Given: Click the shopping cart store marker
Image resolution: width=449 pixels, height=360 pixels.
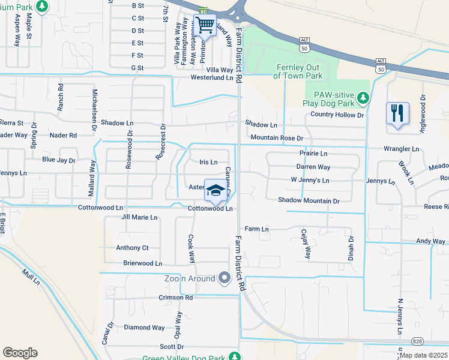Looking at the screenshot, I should (205, 26).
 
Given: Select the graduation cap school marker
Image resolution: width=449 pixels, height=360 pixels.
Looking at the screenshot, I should (215, 191).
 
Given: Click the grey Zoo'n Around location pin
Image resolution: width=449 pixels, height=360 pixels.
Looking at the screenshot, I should (225, 278).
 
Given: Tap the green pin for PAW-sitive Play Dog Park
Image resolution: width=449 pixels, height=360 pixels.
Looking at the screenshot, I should (362, 98).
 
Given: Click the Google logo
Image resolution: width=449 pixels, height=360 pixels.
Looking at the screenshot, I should (20, 353).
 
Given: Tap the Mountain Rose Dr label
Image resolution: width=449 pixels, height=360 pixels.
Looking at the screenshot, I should (277, 138).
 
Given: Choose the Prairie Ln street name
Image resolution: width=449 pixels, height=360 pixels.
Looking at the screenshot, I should (313, 154).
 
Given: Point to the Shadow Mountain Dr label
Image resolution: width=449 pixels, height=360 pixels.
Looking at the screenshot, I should (309, 200).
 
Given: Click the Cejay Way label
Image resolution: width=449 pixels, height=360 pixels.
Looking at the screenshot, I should (305, 244).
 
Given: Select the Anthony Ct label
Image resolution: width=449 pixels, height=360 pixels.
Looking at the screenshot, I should (132, 248).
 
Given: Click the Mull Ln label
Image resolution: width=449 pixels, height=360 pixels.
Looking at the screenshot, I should (30, 277).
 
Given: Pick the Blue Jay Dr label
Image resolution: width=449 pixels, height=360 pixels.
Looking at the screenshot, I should (58, 160).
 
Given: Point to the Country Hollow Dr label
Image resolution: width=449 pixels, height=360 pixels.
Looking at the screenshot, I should (337, 115).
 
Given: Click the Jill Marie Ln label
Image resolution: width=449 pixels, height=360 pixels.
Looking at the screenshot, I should (139, 217).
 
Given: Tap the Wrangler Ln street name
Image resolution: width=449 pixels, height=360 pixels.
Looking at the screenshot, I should (402, 149).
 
